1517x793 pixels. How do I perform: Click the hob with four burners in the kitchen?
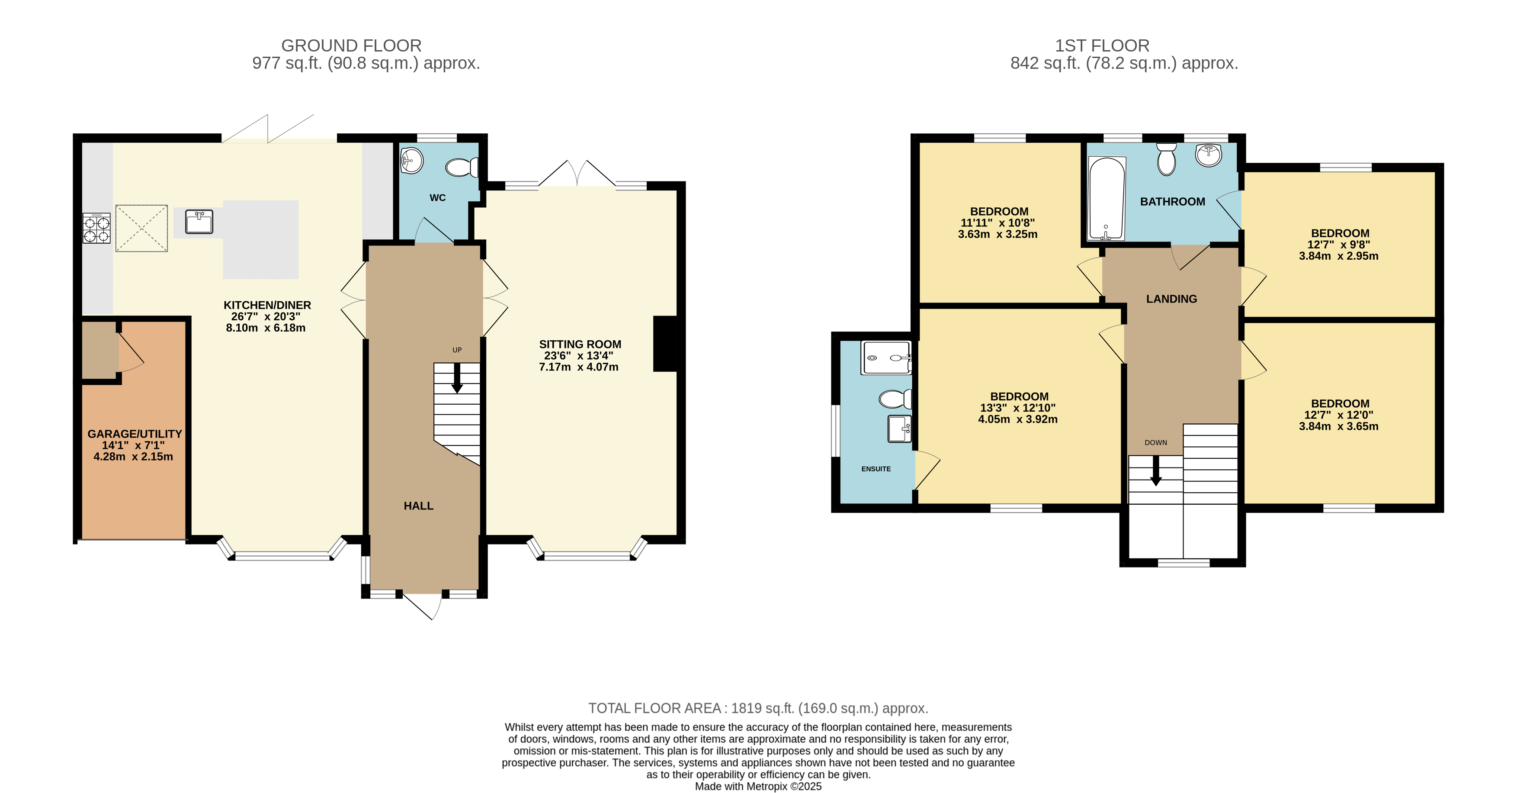point(96,229)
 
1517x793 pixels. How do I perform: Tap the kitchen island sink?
point(199,222)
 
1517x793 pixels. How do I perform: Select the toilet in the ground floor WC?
point(462,168)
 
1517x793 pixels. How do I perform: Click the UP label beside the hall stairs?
point(457,350)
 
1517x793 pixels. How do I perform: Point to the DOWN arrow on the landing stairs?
point(1155,471)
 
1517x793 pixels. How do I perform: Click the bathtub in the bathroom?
point(1106,199)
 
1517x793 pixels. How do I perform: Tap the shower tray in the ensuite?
point(886,358)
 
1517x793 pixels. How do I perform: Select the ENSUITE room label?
point(876,469)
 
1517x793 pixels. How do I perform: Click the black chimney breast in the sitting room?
point(665,344)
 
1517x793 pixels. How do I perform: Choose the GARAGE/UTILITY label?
point(134,434)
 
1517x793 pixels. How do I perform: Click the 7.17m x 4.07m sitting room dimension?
point(578,367)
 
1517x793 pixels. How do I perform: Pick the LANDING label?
point(1171,299)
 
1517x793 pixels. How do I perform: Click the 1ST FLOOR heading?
point(1102,45)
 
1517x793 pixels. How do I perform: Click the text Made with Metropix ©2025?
point(758,786)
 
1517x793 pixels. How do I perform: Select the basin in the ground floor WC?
point(412,160)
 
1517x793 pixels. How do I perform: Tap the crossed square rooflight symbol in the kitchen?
point(141,229)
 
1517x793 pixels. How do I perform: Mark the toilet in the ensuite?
point(895,399)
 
